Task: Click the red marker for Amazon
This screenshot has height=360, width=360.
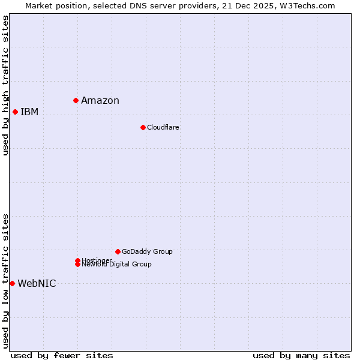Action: [x=76, y=100]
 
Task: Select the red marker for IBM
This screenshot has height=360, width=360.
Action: [x=15, y=112]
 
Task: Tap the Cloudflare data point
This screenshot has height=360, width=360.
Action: [x=143, y=127]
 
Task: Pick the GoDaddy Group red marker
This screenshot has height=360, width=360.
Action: [x=118, y=251]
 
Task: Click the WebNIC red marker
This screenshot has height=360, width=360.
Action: [x=12, y=283]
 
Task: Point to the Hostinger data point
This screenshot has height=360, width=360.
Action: [x=77, y=260]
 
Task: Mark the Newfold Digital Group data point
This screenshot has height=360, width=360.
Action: [x=77, y=264]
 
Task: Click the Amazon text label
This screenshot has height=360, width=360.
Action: [x=100, y=100]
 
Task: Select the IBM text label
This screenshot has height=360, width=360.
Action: [x=29, y=112]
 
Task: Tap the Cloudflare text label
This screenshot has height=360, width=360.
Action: [x=163, y=127]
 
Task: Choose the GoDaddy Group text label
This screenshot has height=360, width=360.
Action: [x=147, y=251]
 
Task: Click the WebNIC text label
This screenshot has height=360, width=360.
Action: [x=37, y=283]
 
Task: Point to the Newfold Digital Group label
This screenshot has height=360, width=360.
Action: [x=117, y=265]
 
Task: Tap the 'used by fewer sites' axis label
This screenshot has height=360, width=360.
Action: [x=62, y=355]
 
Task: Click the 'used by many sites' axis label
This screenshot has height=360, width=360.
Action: [x=301, y=355]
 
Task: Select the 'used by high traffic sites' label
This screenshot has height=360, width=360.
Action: [x=5, y=85]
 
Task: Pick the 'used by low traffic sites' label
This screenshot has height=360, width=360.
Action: [x=5, y=281]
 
